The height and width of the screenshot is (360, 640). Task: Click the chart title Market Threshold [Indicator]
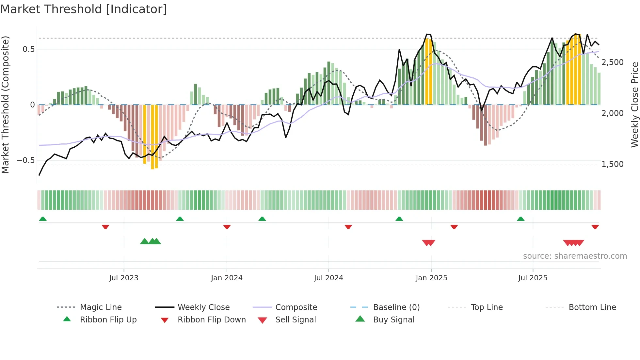(x=84, y=9)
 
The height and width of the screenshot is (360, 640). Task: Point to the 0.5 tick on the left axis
(x=28, y=49)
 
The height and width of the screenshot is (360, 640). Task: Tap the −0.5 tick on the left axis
(x=26, y=160)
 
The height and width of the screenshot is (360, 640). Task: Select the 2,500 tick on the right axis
(x=612, y=62)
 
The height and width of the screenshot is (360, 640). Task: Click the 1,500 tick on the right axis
(x=612, y=164)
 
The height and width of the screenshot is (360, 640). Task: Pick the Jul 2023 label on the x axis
(x=124, y=278)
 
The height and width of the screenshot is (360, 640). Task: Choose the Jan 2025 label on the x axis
(x=431, y=278)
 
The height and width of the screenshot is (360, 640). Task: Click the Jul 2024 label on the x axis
(x=328, y=278)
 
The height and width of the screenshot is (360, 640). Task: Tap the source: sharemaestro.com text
(x=575, y=256)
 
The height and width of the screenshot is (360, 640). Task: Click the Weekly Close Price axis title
(x=634, y=105)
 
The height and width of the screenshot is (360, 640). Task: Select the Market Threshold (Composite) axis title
(x=5, y=105)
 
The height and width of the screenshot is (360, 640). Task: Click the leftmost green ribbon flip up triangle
(x=43, y=219)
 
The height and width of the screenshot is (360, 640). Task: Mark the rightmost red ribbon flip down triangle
(x=595, y=227)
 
